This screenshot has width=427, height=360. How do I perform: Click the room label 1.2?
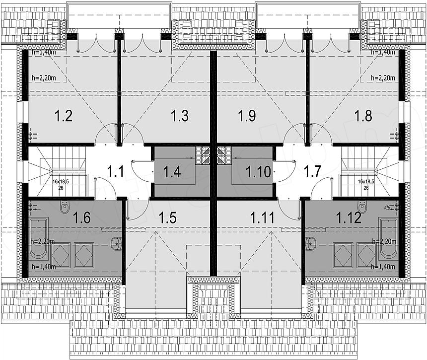(x=64, y=116)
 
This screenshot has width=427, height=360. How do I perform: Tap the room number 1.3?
(x=180, y=116)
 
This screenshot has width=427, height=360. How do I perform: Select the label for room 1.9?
(x=247, y=116)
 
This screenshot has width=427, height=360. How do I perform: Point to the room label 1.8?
(x=363, y=116)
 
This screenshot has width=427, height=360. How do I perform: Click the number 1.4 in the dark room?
(x=172, y=172)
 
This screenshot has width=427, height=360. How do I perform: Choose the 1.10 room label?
(x=258, y=172)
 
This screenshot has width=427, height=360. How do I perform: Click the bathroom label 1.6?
(x=82, y=217)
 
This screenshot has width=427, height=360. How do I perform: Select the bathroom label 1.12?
(x=348, y=217)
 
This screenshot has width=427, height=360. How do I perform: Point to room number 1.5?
(x=168, y=217)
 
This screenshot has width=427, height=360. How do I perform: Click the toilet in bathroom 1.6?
(x=65, y=207)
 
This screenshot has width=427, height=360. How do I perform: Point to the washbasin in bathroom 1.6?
(x=116, y=243)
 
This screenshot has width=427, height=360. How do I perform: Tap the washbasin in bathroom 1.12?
(x=311, y=243)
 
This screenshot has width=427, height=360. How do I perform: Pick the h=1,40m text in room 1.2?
(x=41, y=52)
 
